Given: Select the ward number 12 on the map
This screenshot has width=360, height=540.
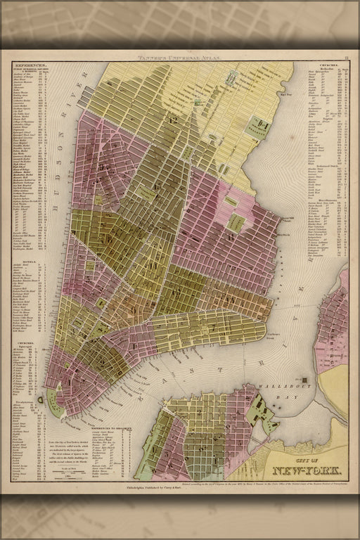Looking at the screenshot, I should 172,120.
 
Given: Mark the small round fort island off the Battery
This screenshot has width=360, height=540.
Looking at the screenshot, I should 41,399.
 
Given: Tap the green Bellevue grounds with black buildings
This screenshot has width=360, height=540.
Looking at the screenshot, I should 257,127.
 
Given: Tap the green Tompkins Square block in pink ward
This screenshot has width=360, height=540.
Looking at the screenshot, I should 237,223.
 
